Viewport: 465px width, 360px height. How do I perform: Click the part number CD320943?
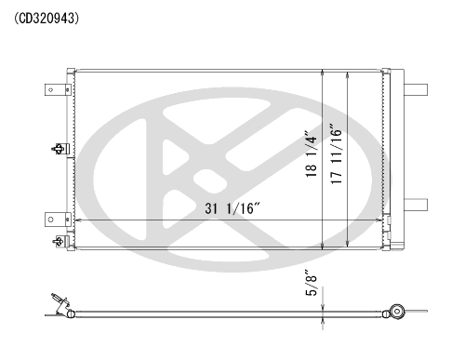point(46,19)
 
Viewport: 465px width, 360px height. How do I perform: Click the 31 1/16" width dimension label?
point(232,208)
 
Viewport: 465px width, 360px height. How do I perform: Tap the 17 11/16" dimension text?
point(337,154)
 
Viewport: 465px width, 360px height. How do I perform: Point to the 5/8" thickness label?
point(312,283)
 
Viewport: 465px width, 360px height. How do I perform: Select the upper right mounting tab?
point(416,90)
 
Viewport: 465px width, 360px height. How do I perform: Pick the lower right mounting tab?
point(416,205)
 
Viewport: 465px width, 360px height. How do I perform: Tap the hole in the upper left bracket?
point(51,90)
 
